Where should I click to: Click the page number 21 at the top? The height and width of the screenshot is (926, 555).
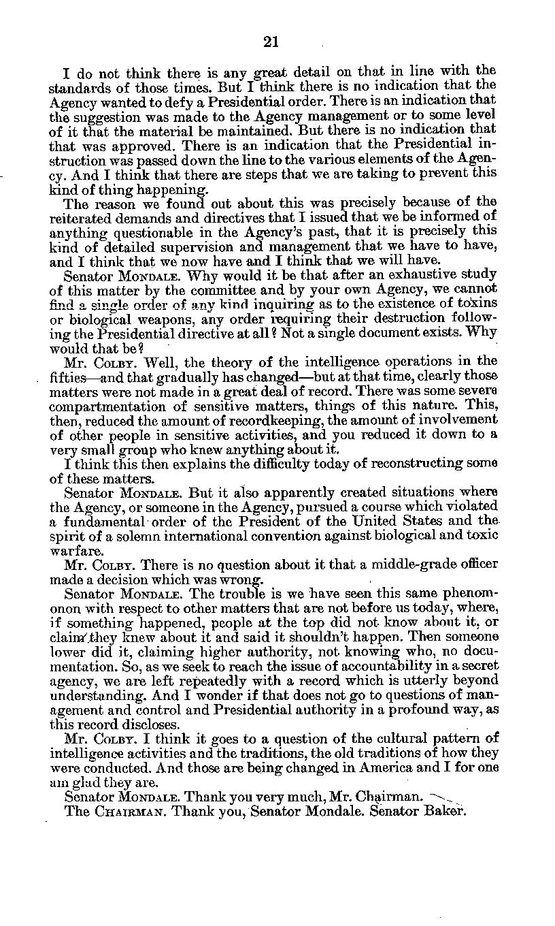click(x=271, y=42)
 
